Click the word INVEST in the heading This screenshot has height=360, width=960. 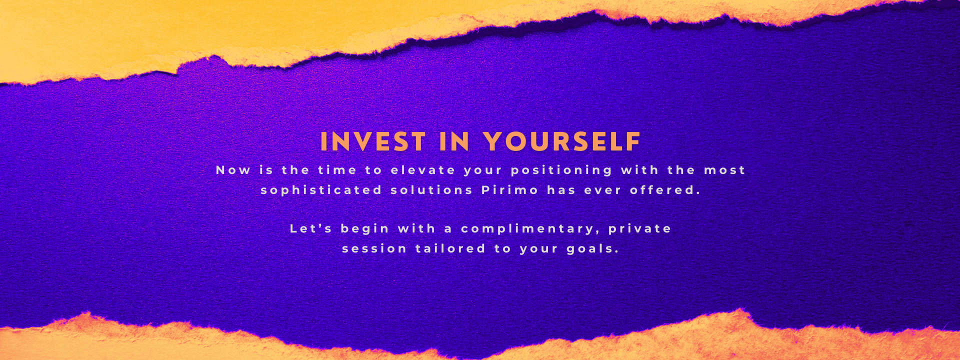coord(373,141)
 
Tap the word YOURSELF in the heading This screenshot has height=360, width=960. coord(562,141)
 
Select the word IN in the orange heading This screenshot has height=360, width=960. coord(454,141)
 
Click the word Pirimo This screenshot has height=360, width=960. coord(510,190)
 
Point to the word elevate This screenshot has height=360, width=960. coord(423,170)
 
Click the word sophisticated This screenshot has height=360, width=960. coord(321,190)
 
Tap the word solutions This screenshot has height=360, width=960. coord(431,190)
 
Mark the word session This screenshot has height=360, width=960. coord(374,248)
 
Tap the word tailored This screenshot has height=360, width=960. coord(450,248)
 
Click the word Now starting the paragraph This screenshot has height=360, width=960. coord(233,170)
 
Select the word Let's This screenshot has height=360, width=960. coord(311,228)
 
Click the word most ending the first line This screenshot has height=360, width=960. coord(724,170)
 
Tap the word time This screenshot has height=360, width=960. coord(337,170)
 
